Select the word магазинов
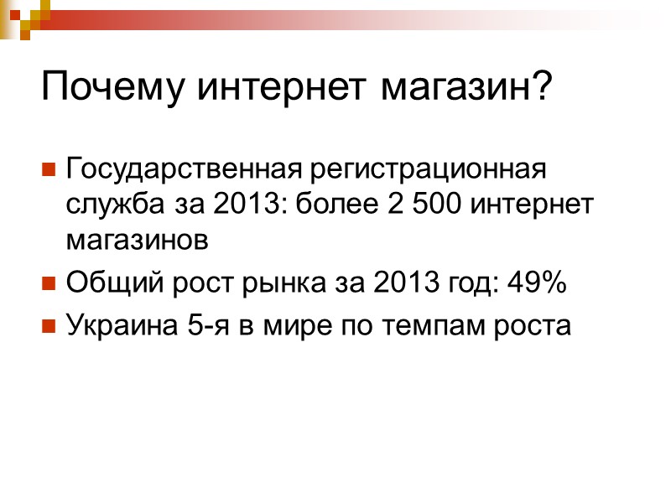click(135, 240)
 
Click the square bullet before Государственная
click(49, 170)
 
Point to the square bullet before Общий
click(49, 285)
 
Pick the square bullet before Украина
click(49, 325)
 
